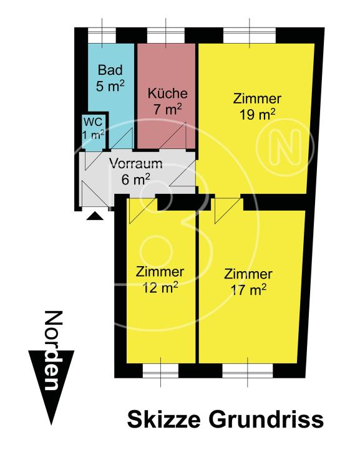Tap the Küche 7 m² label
[x=167, y=102]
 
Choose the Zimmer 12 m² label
[x=160, y=279]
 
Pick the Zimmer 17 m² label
[x=248, y=281]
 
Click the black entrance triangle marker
[x=95, y=216]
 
